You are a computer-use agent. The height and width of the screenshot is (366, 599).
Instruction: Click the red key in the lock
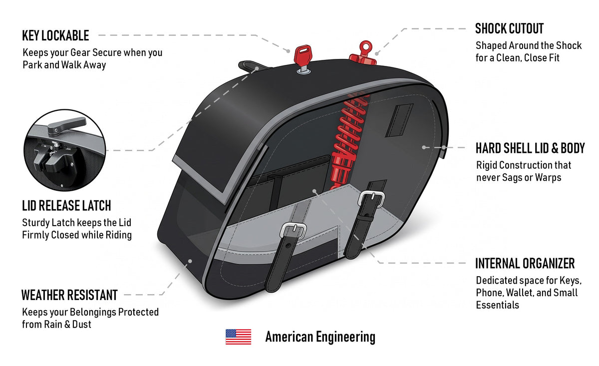pos(303,57)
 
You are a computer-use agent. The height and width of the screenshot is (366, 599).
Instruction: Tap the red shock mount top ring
pos(365,46)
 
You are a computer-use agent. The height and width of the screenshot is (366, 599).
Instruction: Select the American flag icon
pos(238,337)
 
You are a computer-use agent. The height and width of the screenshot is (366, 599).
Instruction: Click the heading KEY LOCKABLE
pos(55,35)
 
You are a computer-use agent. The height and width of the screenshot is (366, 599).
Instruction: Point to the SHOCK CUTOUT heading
pos(509,28)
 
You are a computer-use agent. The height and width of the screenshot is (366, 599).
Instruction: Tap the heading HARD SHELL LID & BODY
pos(530,148)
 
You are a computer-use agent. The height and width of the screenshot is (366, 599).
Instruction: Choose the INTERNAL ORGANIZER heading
pos(525,263)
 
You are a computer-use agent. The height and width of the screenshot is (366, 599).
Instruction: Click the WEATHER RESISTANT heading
pos(69,295)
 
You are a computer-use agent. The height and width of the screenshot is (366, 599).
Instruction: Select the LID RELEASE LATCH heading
pos(66,206)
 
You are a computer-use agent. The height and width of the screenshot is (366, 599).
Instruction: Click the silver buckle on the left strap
pos(293,230)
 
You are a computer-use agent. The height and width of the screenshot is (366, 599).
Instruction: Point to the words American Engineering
pos(320,337)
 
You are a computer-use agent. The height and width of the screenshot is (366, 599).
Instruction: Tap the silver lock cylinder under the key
pos(303,71)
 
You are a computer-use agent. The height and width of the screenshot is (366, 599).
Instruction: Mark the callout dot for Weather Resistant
pos(190,261)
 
